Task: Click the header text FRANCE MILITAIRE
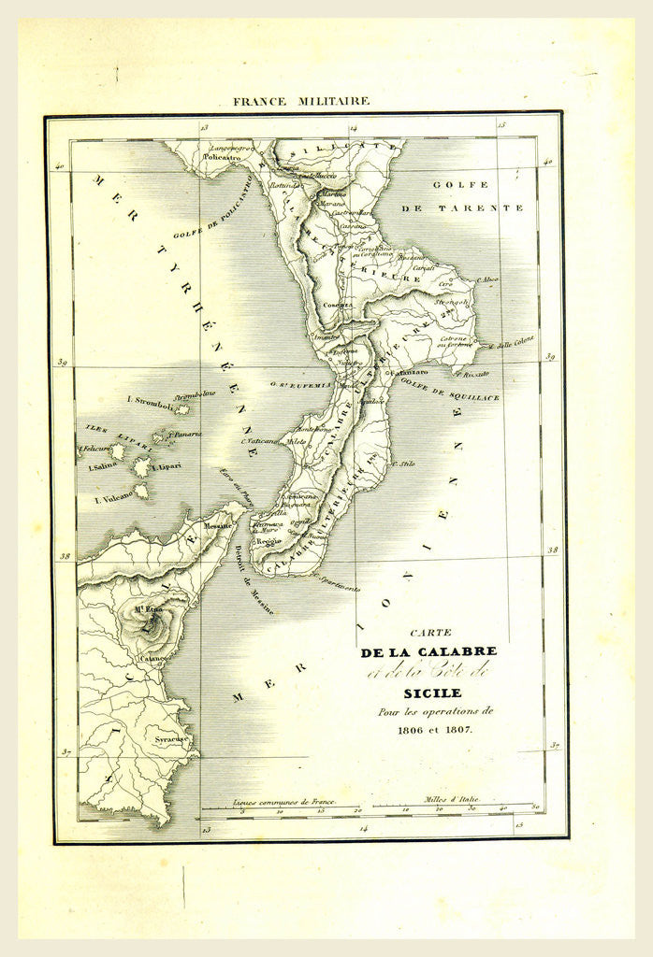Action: pyautogui.click(x=303, y=100)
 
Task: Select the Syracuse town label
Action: pyautogui.click(x=172, y=739)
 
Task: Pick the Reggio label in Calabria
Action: pyautogui.click(x=269, y=541)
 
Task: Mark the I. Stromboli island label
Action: pyautogui.click(x=148, y=402)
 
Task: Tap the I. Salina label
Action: pyautogui.click(x=104, y=466)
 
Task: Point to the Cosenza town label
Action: pyautogui.click(x=336, y=305)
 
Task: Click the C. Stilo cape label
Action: pyautogui.click(x=404, y=464)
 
